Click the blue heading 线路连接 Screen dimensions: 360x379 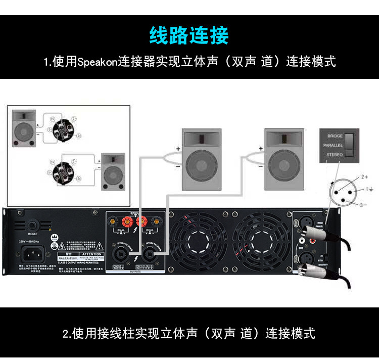[189, 35]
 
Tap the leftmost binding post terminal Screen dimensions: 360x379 [113, 221]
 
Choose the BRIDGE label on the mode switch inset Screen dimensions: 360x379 [335, 136]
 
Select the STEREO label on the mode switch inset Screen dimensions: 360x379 [335, 154]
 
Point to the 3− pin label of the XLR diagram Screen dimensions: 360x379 [363, 205]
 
